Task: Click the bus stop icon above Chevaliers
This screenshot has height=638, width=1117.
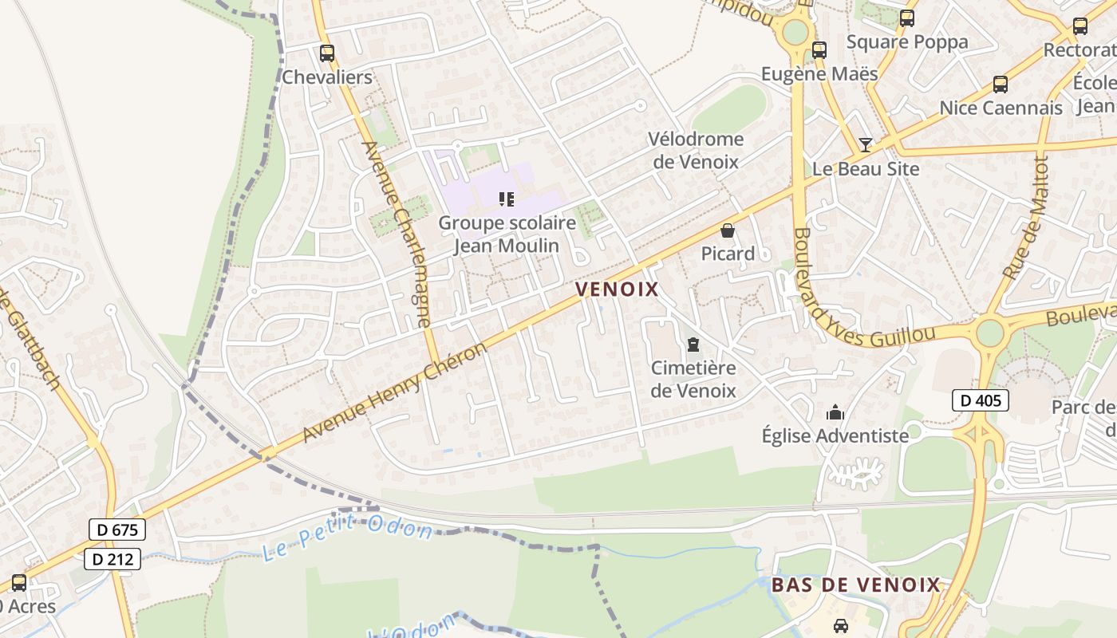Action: [326, 53]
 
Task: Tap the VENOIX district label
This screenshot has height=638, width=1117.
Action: [617, 289]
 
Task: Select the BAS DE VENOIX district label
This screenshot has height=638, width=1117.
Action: [856, 585]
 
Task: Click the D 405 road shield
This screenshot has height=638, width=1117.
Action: [980, 400]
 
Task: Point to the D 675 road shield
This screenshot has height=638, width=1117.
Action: [117, 530]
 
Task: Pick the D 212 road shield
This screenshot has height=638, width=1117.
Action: [112, 559]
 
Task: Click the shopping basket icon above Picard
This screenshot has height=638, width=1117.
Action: [728, 231]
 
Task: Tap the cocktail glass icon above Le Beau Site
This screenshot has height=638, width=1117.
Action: [866, 145]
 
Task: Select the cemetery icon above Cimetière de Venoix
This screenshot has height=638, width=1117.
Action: [693, 345]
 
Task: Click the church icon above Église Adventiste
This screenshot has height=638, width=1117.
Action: [835, 412]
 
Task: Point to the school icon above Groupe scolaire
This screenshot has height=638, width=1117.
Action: [507, 199]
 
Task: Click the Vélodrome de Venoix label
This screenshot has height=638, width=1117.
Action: [695, 151]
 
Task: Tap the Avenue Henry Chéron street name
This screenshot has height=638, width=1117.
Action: [395, 392]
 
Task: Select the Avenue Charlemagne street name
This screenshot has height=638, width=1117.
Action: [397, 234]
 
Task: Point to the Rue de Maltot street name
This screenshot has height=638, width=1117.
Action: [1025, 217]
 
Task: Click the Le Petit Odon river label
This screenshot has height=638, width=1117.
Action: [347, 538]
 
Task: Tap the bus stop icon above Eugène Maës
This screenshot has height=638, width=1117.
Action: [819, 50]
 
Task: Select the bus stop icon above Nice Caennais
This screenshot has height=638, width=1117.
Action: [1000, 85]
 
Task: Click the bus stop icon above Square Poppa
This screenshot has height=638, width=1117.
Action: [906, 18]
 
